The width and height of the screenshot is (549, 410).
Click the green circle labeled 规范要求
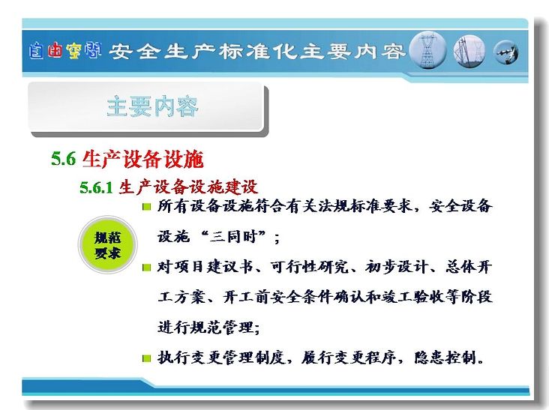(107, 245)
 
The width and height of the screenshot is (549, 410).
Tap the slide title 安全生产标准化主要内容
(257, 52)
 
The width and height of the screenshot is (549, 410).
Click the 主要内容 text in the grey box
(152, 106)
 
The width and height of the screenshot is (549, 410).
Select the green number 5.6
(63, 158)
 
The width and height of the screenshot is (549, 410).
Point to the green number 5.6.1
(96, 187)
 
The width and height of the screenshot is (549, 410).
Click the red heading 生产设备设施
(142, 159)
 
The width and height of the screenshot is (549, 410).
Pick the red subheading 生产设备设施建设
(188, 187)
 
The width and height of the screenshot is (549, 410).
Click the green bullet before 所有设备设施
(147, 207)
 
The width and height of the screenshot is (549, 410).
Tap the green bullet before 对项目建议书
(147, 268)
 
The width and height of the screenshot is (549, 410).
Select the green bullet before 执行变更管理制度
(147, 358)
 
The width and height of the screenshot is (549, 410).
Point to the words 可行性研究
(310, 267)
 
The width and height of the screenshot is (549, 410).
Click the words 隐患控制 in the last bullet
(445, 358)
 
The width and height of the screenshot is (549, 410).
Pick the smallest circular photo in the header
(506, 52)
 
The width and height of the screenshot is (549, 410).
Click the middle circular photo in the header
(469, 51)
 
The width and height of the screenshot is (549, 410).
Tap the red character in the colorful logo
(55, 50)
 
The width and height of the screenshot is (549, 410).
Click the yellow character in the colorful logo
(73, 50)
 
